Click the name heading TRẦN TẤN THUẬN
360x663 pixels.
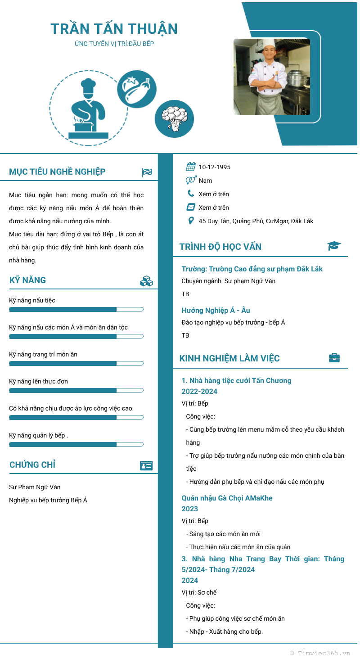114,29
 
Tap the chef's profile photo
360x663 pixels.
272,77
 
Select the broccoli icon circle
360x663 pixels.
174,119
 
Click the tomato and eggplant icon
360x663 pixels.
137,89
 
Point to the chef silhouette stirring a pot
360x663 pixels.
88,109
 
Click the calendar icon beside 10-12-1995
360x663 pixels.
191,167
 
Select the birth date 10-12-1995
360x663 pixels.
215,167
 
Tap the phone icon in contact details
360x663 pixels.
191,194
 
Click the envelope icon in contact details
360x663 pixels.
191,207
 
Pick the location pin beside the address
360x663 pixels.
191,221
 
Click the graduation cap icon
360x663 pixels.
334,246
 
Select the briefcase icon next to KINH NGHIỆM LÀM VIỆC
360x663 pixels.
334,358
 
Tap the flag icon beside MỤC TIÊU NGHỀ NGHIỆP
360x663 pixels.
147,172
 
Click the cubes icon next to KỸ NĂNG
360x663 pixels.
147,281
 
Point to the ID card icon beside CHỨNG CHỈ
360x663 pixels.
146,466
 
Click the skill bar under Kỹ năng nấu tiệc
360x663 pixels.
76,309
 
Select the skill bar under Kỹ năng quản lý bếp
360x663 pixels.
76,444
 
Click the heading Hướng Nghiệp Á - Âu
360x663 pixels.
216,310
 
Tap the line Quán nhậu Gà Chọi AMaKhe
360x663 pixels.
227,498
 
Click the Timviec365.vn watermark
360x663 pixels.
320,653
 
